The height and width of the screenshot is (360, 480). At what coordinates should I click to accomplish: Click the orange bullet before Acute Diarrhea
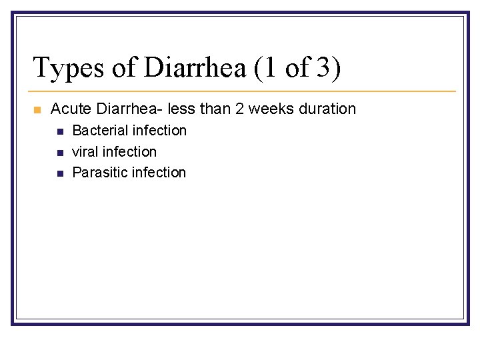(37, 109)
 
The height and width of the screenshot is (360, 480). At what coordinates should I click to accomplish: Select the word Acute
(69, 109)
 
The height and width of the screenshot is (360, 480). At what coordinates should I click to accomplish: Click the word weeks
(271, 109)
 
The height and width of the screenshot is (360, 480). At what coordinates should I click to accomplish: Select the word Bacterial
(100, 131)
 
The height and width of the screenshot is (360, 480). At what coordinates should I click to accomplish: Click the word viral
(85, 152)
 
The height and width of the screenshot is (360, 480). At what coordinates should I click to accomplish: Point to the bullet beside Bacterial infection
(59, 131)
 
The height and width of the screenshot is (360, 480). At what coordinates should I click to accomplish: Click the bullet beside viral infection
(59, 153)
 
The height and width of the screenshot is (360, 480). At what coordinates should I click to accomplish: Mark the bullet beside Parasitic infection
(59, 173)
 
